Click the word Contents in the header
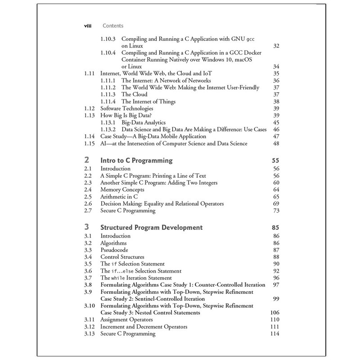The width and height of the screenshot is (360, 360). pos(113,26)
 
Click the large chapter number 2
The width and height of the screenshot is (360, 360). pos(86,160)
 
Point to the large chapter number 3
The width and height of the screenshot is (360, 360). pos(86,227)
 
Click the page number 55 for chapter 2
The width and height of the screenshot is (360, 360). pos(275,160)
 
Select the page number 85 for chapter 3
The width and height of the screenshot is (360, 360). pos(275,227)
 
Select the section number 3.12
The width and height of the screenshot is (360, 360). pos(90,326)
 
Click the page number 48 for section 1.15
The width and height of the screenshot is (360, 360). pos(276,143)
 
